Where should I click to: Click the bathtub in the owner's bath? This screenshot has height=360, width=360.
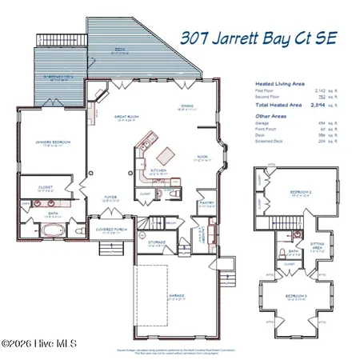tap(52, 230)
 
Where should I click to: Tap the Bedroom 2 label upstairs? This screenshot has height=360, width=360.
tap(300, 193)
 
